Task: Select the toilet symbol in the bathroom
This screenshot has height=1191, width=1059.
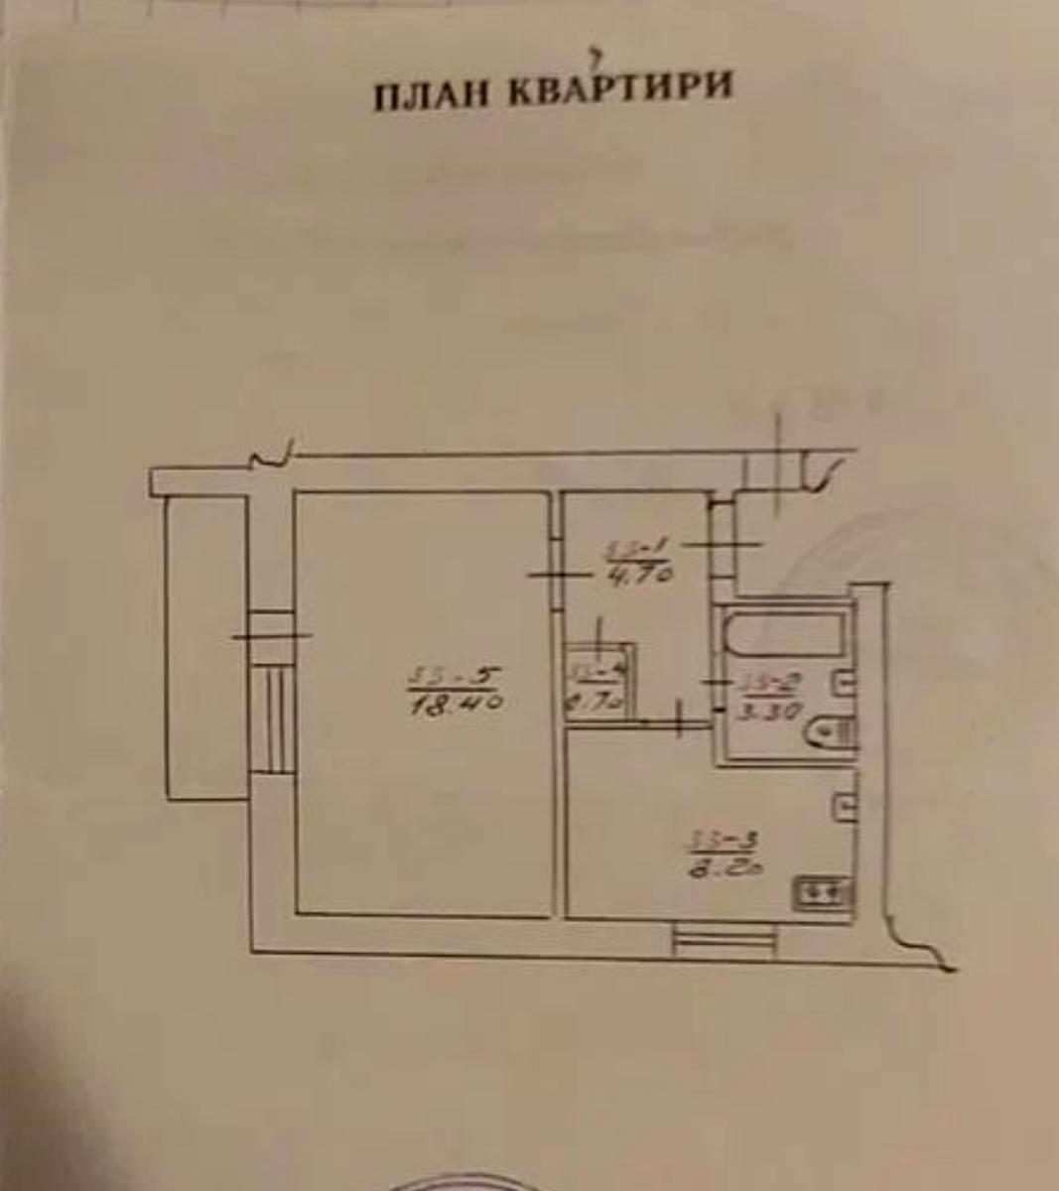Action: pos(828,732)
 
